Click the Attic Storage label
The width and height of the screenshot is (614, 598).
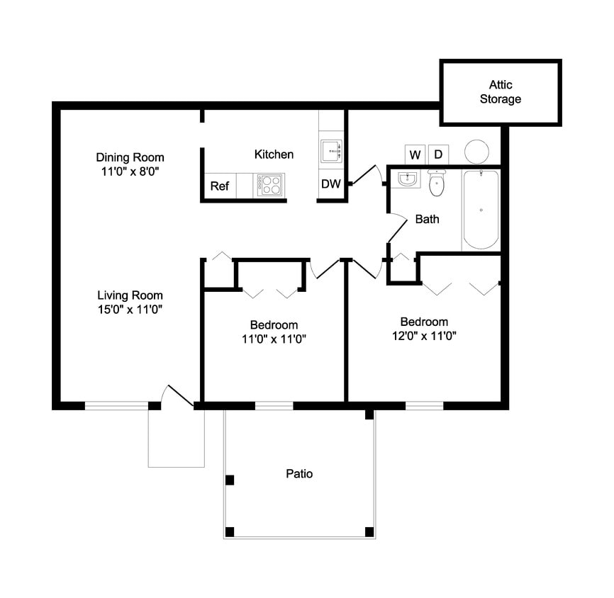tap(500, 92)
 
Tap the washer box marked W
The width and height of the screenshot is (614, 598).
tap(415, 154)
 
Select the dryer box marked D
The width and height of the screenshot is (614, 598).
tap(438, 154)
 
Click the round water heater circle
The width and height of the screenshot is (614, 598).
tap(476, 151)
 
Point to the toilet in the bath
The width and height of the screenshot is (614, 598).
tap(437, 184)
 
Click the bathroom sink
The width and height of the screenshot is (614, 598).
tap(407, 179)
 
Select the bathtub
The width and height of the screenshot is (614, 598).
tap(481, 209)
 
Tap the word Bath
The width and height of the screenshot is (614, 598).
tap(427, 220)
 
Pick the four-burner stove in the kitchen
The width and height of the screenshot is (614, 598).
tap(270, 185)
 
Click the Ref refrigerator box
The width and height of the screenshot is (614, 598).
tap(220, 186)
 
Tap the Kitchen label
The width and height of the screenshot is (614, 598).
tap(274, 154)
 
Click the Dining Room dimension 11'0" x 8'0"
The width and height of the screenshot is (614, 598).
tap(130, 171)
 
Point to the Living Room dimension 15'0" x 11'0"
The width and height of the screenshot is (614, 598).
tap(130, 309)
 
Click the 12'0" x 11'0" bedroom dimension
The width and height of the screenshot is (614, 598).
tap(424, 337)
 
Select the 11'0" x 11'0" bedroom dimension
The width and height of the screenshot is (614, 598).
tap(274, 339)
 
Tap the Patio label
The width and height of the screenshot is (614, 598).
tap(299, 473)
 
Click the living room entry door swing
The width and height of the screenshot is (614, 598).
tap(177, 396)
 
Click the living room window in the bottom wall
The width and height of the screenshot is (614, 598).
tap(116, 406)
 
